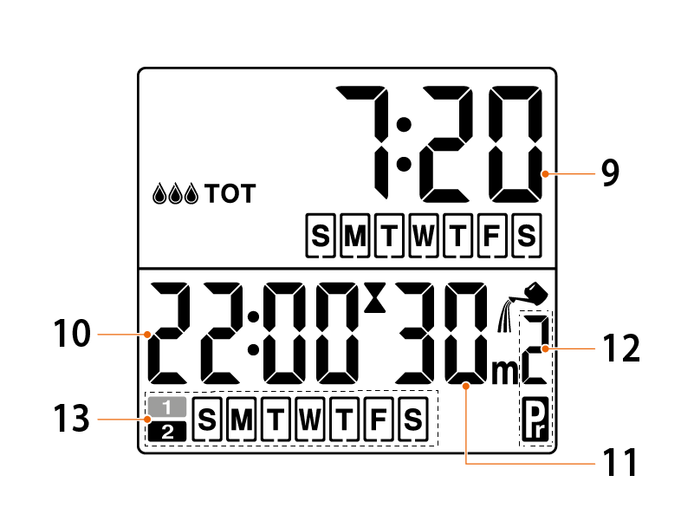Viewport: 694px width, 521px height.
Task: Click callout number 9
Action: (610, 173)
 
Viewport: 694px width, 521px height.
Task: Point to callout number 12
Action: (620, 348)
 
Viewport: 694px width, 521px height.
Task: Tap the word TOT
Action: (230, 193)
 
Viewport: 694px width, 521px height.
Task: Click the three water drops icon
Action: (176, 193)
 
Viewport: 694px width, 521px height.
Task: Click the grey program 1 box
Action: (166, 406)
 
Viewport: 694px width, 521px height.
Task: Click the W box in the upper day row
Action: (422, 236)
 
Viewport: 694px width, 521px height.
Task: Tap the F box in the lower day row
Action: (378, 420)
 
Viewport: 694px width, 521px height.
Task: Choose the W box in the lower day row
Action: (309, 420)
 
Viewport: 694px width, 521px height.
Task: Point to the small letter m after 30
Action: (503, 371)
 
